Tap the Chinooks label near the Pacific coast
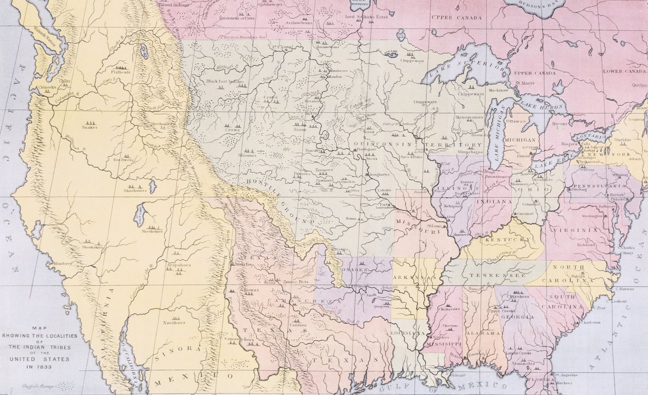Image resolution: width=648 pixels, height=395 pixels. (47, 87)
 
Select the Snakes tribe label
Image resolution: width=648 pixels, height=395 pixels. (89, 127)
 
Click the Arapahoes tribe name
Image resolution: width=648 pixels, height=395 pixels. (178, 265)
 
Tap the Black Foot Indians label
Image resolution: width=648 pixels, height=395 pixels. (226, 81)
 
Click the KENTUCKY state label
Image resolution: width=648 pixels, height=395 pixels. (507, 240)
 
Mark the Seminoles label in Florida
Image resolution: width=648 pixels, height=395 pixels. (523, 364)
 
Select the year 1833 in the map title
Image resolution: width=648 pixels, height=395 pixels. (39, 367)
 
